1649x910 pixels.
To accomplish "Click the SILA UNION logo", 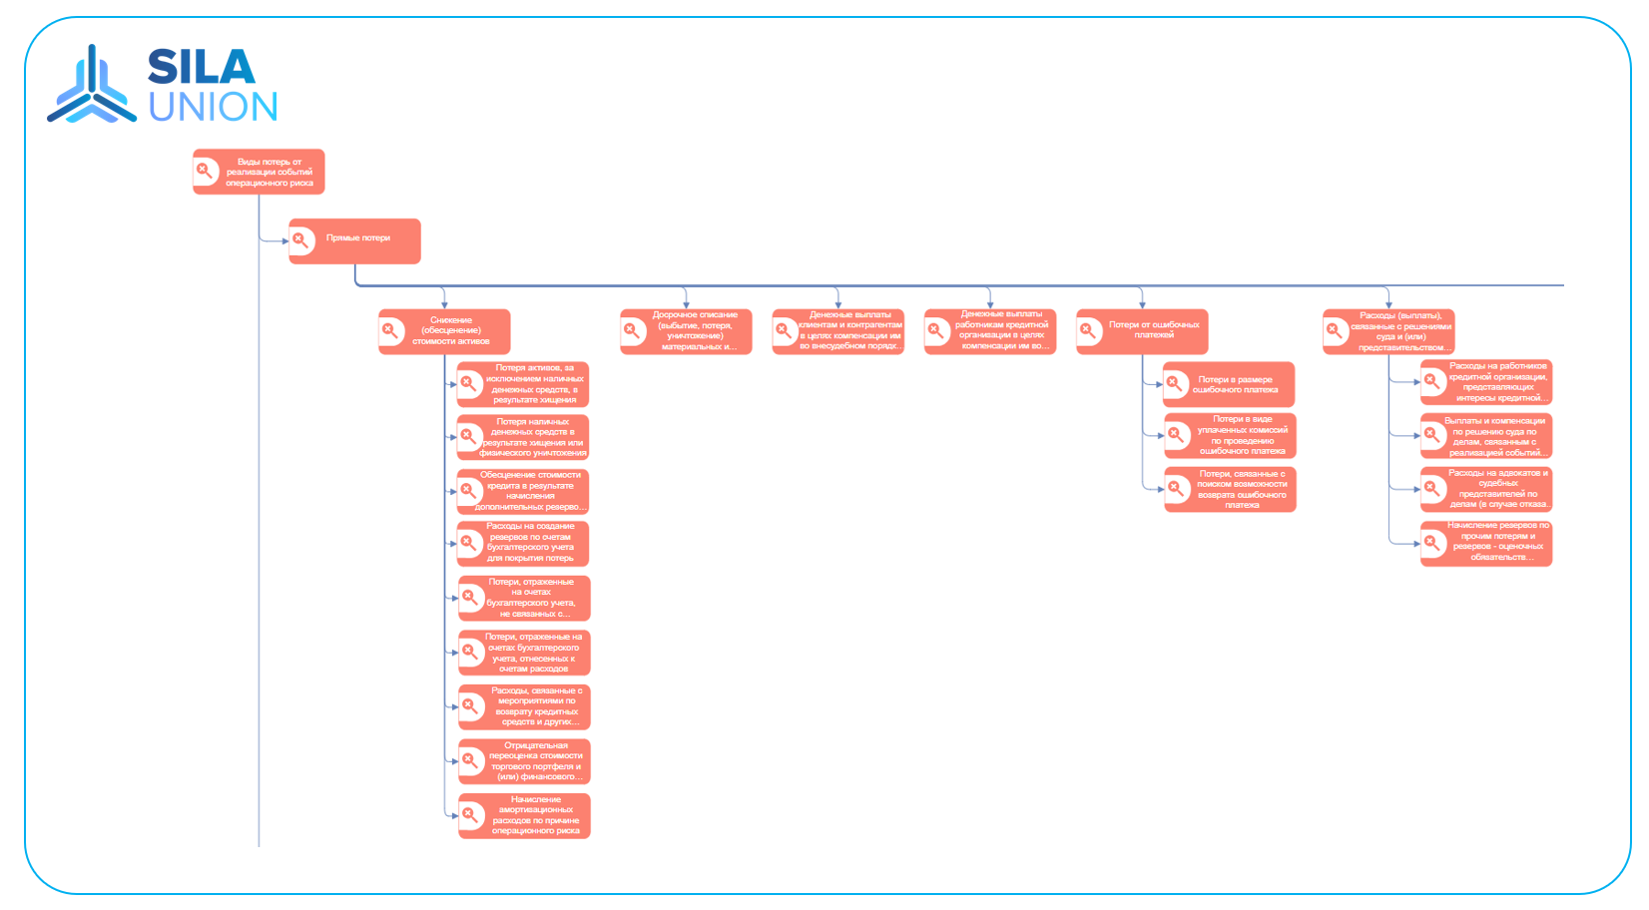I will pyautogui.click(x=163, y=85).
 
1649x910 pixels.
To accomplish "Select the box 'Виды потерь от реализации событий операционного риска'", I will pyautogui.click(x=259, y=172).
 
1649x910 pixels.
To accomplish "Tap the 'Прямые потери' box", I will pyautogui.click(x=354, y=240).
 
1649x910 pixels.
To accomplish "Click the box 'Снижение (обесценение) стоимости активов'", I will pyautogui.click(x=444, y=331).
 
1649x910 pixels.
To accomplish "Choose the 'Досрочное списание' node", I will pyautogui.click(x=686, y=331).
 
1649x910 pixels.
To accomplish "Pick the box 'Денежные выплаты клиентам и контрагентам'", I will pyautogui.click(x=837, y=331).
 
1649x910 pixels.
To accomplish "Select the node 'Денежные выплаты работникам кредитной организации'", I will pyautogui.click(x=989, y=331).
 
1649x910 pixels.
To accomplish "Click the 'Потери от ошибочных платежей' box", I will pyautogui.click(x=1142, y=331).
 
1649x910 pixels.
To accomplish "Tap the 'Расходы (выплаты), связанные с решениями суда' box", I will pyautogui.click(x=1388, y=331).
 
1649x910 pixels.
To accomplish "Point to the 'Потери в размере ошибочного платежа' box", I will pyautogui.click(x=1229, y=384).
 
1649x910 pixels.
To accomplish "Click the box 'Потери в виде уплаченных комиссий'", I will pyautogui.click(x=1230, y=436).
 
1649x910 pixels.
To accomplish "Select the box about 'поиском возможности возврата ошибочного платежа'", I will pyautogui.click(x=1230, y=489).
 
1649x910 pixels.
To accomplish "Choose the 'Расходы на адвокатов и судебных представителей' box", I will pyautogui.click(x=1486, y=489).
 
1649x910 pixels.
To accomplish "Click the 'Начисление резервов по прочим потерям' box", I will pyautogui.click(x=1486, y=543).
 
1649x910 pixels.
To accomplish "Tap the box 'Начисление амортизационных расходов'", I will pyautogui.click(x=524, y=815).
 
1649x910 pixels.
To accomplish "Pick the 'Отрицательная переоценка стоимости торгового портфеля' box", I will pyautogui.click(x=524, y=761).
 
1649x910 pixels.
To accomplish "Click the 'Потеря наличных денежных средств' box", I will pyautogui.click(x=523, y=437).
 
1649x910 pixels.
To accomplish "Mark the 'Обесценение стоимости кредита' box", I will pyautogui.click(x=523, y=491).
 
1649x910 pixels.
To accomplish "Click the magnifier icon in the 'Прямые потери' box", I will pyautogui.click(x=300, y=240).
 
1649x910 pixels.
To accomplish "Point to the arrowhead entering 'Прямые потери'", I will pyautogui.click(x=285, y=240).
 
